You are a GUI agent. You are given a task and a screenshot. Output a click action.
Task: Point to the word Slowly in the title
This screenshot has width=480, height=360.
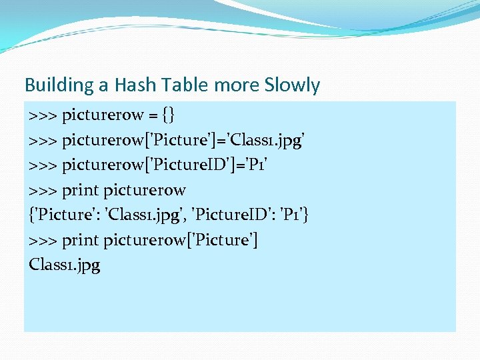click(x=292, y=85)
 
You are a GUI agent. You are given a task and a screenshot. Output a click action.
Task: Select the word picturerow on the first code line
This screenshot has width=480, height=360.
click(x=103, y=115)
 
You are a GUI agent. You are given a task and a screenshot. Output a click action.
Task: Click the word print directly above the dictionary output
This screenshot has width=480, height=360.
click(x=81, y=190)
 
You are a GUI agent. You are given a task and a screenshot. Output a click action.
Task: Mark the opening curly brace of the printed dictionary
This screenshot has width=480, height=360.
click(x=32, y=215)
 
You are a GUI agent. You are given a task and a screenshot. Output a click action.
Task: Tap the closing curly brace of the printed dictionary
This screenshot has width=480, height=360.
click(x=307, y=215)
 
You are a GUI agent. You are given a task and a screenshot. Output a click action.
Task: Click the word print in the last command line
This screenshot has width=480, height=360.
click(x=81, y=240)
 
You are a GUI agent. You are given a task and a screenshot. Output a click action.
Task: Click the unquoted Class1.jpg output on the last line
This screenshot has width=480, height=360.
click(x=65, y=265)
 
